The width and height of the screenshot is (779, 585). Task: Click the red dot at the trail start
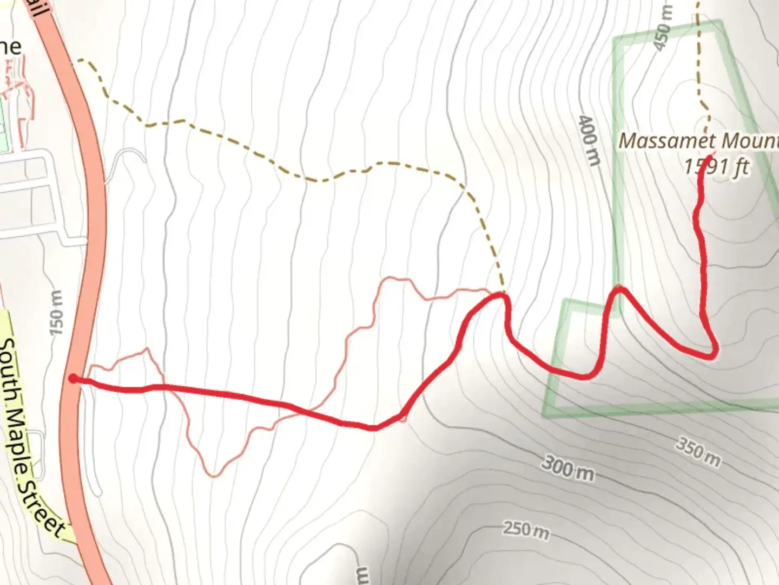click(73, 379)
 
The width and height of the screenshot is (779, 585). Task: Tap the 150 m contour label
click(56, 313)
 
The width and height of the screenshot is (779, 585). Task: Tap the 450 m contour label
click(663, 28)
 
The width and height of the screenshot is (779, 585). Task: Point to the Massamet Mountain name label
click(698, 141)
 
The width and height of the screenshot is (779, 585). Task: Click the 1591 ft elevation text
click(716, 166)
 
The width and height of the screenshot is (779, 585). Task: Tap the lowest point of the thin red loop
click(214, 476)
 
